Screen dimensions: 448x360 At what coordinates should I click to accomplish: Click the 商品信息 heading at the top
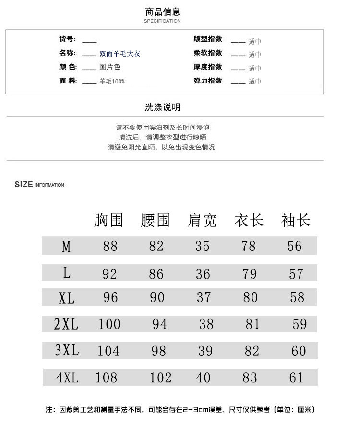click(162, 12)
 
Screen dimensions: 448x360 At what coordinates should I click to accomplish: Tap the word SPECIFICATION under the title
click(162, 21)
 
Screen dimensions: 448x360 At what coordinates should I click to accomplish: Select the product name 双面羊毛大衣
click(120, 54)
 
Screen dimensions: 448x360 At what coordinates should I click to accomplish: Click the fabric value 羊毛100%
click(112, 82)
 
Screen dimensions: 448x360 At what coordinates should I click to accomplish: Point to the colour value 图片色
click(109, 67)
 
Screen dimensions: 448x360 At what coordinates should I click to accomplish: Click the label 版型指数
click(208, 39)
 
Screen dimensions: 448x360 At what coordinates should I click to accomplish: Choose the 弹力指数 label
click(208, 81)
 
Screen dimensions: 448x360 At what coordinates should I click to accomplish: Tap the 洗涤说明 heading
click(162, 107)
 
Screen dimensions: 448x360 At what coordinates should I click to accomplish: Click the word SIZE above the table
click(24, 185)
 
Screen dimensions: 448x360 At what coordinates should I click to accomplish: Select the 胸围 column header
click(108, 221)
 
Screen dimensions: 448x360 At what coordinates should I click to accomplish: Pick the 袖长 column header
click(296, 221)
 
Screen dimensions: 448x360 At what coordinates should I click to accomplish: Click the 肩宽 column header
click(202, 221)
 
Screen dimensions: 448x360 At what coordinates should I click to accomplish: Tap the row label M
click(66, 247)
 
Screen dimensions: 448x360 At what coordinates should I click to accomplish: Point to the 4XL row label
click(67, 378)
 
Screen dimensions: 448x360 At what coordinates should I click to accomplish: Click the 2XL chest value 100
click(109, 324)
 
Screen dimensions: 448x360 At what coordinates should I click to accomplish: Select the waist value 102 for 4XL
click(160, 378)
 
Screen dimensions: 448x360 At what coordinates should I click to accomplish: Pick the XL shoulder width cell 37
click(204, 297)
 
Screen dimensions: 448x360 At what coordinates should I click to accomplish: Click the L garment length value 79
click(250, 274)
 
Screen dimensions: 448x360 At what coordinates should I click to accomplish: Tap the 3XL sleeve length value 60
click(299, 351)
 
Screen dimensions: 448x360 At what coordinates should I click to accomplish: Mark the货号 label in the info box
click(67, 39)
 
